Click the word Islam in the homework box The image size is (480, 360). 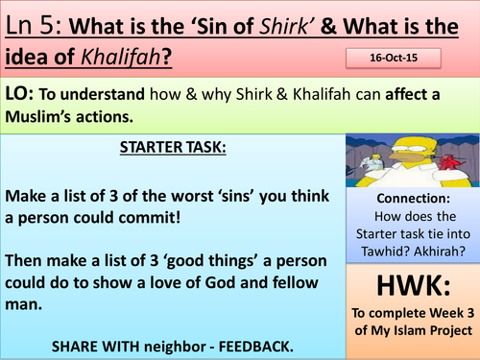click(x=407, y=331)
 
